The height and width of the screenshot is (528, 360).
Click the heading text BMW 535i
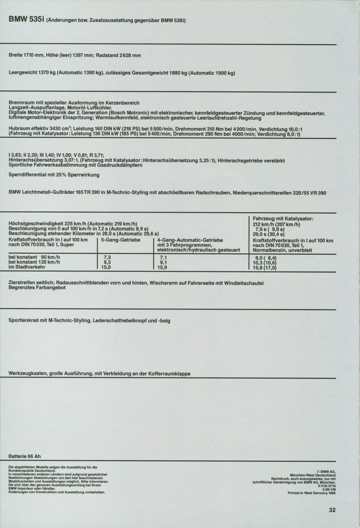[26, 20]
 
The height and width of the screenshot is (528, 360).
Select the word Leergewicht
[23, 73]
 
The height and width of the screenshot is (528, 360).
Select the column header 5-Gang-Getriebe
[121, 240]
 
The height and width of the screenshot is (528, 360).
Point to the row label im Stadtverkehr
[26, 267]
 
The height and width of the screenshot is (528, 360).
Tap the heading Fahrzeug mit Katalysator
[283, 219]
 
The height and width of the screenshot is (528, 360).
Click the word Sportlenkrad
[24, 320]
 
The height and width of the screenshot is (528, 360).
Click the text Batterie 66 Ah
[25, 456]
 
